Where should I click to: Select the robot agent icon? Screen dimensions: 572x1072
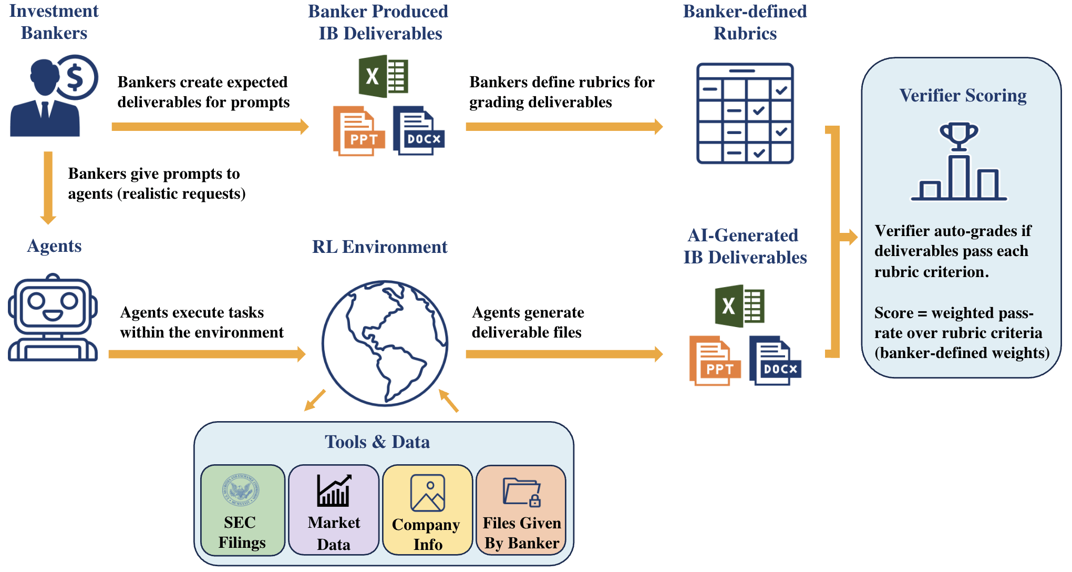[53, 319]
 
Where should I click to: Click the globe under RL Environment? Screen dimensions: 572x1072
[385, 343]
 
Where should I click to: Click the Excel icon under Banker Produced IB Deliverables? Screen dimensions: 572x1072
[384, 77]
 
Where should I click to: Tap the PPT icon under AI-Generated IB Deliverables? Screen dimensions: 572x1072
[714, 361]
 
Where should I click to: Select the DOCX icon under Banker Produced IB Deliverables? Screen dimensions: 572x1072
[418, 131]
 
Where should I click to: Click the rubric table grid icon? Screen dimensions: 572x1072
[745, 114]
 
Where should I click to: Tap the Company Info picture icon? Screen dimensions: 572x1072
[427, 493]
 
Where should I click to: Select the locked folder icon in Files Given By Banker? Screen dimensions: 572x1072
[521, 492]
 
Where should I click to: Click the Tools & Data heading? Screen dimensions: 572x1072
[377, 442]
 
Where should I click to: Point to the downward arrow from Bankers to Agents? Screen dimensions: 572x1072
[48, 187]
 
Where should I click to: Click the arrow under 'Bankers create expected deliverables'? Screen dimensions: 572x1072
[210, 127]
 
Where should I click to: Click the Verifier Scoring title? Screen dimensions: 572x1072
[963, 96]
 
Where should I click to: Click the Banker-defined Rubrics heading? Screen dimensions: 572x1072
[745, 23]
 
